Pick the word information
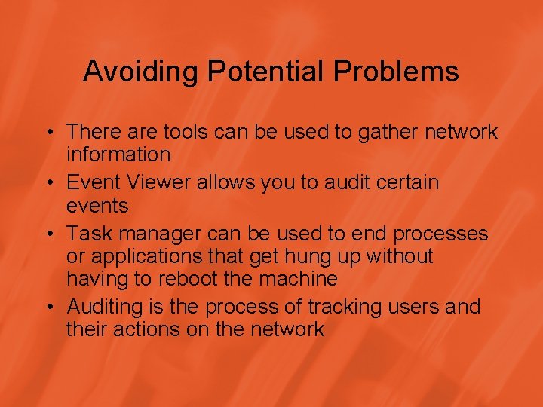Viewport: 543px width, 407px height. [118, 155]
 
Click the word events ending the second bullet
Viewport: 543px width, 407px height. [97, 206]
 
